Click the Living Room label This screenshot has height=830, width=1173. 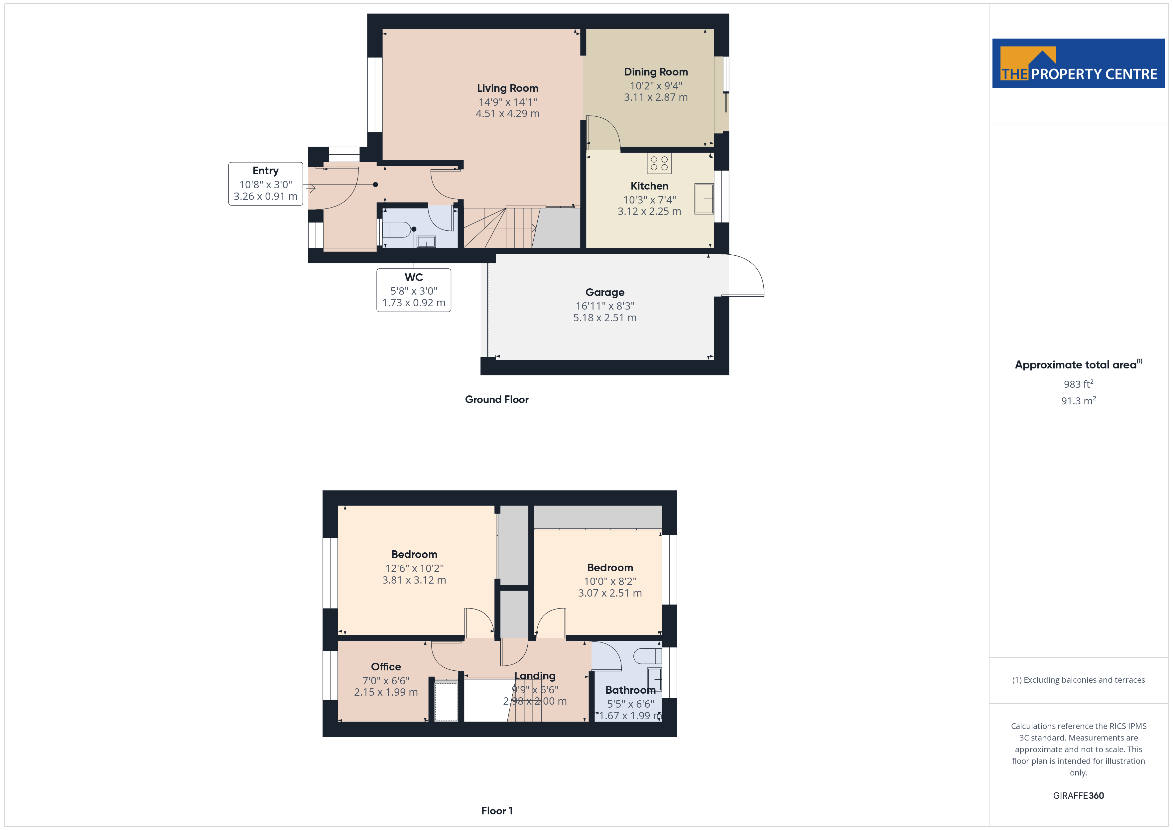click(507, 88)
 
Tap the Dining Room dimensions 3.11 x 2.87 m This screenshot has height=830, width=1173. click(655, 97)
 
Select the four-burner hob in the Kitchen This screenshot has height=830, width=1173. click(659, 164)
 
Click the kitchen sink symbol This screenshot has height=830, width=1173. click(704, 199)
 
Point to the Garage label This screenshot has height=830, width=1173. click(605, 292)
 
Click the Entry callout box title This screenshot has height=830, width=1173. click(266, 171)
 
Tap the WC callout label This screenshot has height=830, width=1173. click(414, 277)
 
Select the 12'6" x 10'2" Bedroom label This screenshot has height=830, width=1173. click(414, 555)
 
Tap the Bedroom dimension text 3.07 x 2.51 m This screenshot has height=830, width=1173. click(610, 593)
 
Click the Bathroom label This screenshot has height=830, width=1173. click(630, 690)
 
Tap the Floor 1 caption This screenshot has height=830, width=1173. click(497, 811)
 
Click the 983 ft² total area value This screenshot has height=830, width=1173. click(1079, 384)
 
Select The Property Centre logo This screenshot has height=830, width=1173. click(1079, 64)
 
